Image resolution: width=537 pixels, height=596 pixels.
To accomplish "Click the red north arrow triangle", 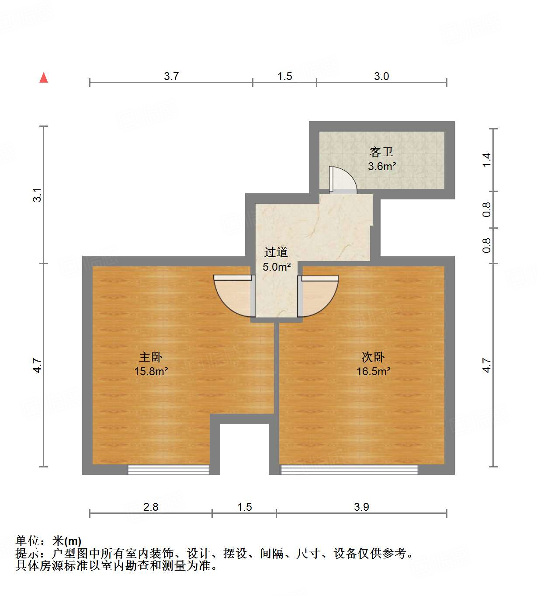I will (44, 78).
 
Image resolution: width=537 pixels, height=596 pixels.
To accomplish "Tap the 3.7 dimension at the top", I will (171, 76).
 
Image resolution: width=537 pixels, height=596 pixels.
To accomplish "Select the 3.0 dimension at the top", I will (381, 76).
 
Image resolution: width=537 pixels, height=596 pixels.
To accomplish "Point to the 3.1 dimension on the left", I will (38, 195).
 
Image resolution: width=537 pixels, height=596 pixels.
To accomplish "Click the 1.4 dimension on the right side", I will (487, 160).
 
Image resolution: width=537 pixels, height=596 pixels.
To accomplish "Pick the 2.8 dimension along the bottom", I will (151, 507).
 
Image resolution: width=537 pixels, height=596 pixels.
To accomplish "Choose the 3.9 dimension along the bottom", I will (361, 507).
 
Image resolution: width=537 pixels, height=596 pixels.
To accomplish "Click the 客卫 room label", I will (381, 152).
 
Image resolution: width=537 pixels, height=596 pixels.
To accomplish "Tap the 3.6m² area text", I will (382, 166).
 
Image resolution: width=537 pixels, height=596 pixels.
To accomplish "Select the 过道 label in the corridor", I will (276, 252).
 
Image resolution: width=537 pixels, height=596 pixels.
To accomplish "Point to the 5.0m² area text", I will (277, 267).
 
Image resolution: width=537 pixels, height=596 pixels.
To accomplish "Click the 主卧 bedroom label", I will (151, 357).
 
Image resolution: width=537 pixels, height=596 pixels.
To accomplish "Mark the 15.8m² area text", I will (151, 371).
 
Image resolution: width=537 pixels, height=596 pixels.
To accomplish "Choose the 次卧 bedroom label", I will (373, 357).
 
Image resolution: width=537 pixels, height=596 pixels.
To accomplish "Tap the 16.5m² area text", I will (373, 371).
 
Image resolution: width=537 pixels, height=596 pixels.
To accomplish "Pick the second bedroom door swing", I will (318, 295).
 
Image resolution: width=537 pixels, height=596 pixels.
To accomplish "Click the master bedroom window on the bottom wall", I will (168, 470).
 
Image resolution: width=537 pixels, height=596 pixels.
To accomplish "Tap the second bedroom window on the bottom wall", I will (349, 470).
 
